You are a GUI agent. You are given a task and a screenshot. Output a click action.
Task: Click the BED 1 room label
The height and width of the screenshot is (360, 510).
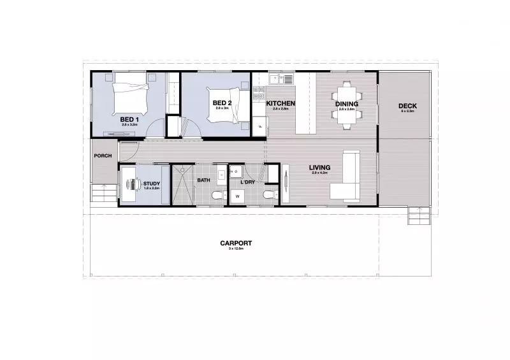click(129, 119)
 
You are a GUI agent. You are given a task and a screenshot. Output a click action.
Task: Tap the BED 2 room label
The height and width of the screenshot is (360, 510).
click(221, 103)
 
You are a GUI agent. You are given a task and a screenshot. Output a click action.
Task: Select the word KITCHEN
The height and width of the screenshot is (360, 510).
click(280, 103)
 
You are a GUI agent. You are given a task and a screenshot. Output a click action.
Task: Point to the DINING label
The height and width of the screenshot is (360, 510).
click(347, 104)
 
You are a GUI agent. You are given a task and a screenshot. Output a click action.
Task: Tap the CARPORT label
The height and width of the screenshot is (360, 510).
click(236, 243)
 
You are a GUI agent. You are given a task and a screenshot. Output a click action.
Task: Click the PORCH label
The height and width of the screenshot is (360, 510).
click(103, 155)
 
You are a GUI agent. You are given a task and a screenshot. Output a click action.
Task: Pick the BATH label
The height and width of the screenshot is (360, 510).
click(203, 180)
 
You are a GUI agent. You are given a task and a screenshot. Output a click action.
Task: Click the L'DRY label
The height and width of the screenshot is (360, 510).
click(248, 183)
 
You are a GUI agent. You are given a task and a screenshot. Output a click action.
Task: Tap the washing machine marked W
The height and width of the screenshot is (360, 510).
click(237, 197)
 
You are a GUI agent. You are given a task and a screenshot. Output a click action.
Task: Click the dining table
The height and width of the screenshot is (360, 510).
click(346, 104)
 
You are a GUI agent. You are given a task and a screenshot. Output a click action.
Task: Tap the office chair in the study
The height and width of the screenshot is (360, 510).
click(134, 184)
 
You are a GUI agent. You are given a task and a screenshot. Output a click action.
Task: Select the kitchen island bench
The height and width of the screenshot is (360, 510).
click(306, 102)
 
